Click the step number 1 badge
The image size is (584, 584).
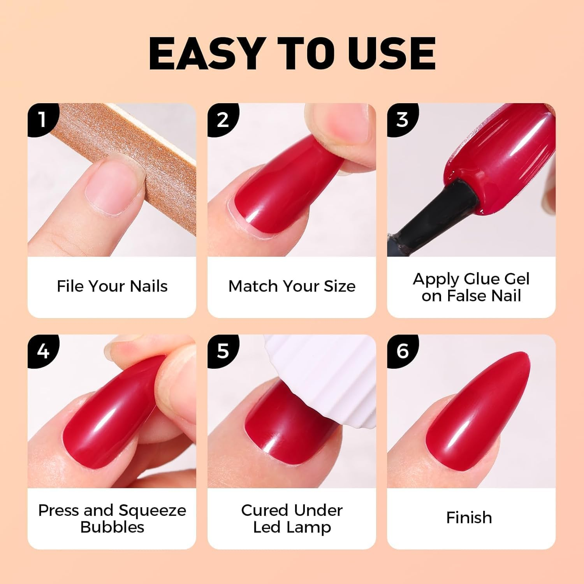[x=43, y=120]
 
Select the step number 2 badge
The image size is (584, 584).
[x=223, y=120]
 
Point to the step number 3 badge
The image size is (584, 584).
[x=403, y=120]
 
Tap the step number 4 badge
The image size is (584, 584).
[x=43, y=351]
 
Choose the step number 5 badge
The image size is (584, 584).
[x=223, y=351]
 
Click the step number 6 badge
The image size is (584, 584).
[x=403, y=351]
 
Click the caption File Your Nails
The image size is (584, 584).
[x=112, y=286]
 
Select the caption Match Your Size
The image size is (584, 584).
[x=292, y=286]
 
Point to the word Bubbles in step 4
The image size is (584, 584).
[x=112, y=527]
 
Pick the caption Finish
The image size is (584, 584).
[x=469, y=518]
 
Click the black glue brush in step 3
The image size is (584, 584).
[x=432, y=218]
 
